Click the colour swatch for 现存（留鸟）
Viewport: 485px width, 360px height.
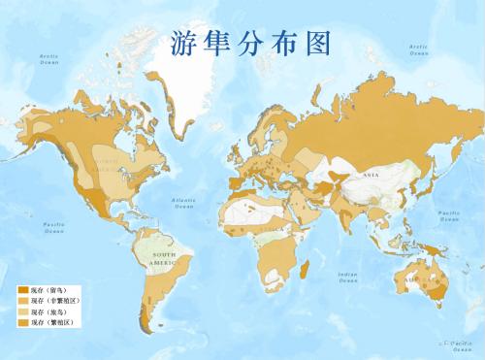click(23, 291)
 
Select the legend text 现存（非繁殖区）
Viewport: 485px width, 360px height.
click(54, 302)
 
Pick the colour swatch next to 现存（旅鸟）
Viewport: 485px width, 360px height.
click(23, 312)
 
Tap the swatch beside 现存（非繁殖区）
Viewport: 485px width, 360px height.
click(23, 302)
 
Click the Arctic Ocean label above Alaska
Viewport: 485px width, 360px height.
click(49, 59)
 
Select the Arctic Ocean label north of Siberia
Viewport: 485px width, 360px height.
click(419, 49)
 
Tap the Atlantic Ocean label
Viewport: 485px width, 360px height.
click(184, 204)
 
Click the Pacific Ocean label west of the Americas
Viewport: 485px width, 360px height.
click(53, 228)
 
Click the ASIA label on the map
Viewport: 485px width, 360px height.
click(371, 175)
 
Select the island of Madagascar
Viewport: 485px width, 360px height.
click(307, 278)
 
